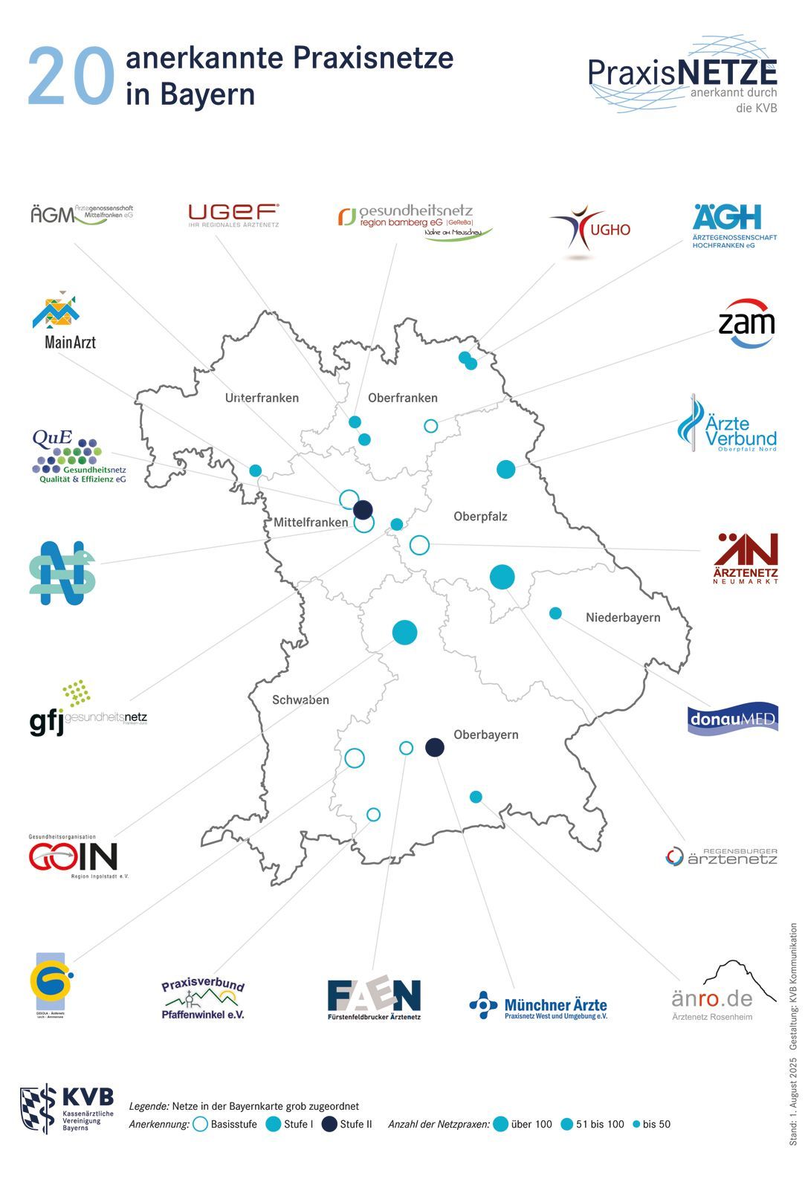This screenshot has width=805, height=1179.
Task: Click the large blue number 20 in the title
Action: (x=71, y=77)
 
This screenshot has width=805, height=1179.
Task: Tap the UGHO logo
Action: (x=589, y=230)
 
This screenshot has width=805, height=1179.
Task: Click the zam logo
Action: (x=746, y=323)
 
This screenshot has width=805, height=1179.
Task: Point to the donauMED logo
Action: (x=732, y=719)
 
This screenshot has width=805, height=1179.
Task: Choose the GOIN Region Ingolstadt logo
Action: (x=74, y=857)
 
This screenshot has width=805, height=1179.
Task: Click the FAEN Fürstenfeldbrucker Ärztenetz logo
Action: (x=374, y=999)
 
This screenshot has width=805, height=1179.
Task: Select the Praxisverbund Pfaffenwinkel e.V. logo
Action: (x=203, y=999)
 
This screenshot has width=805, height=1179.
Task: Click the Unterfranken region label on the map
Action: (x=262, y=398)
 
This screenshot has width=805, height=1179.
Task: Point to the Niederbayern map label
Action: (x=622, y=617)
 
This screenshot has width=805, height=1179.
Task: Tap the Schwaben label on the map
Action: (x=300, y=700)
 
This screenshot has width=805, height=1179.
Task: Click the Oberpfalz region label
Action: (x=480, y=516)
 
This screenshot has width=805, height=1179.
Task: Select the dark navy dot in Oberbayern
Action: (x=435, y=747)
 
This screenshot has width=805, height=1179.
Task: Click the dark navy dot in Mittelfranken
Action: (x=363, y=510)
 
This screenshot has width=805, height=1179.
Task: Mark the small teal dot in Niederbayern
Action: (x=555, y=613)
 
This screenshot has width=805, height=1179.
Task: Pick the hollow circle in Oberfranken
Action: (x=431, y=426)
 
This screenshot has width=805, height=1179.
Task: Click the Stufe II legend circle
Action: (x=329, y=1124)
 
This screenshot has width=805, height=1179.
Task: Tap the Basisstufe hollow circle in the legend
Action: (x=200, y=1124)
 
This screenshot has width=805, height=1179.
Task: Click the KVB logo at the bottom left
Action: (x=67, y=1108)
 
